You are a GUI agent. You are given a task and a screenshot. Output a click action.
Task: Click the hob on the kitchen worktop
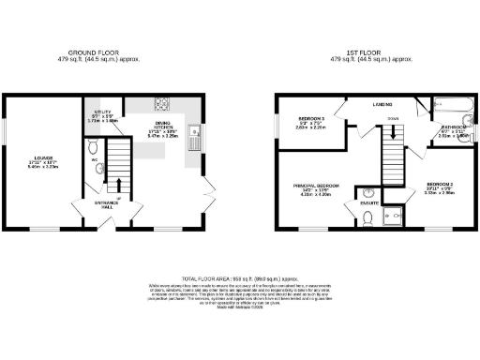pyautogui.click(x=160, y=104)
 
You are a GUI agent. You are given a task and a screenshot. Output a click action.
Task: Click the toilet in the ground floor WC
pyautogui.click(x=92, y=147)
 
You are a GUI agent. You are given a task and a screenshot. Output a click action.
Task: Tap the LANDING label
pyautogui.click(x=382, y=104)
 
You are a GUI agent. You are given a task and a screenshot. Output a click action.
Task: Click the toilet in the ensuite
pyautogui.click(x=368, y=217)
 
